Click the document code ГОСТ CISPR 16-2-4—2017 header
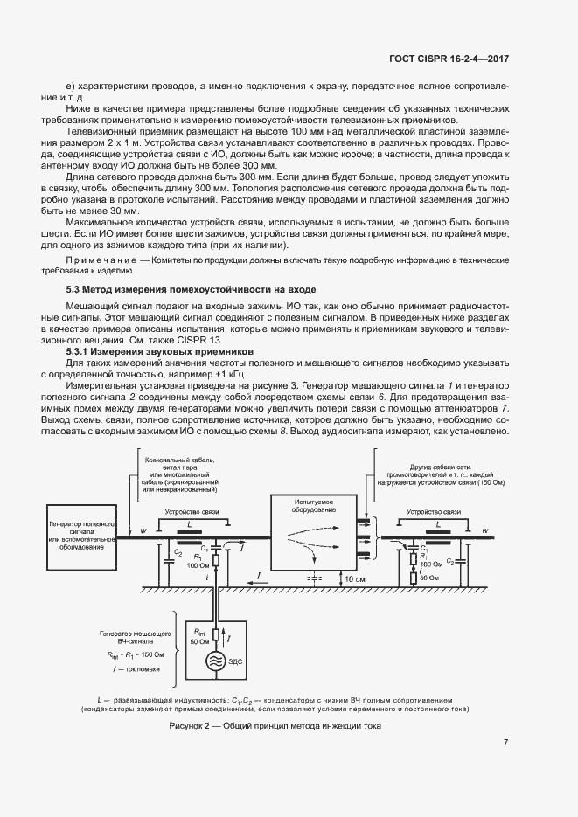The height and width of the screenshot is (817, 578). coord(449,59)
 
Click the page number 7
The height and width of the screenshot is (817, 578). coord(505,743)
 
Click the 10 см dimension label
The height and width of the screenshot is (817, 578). coord(354,578)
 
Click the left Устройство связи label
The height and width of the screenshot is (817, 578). coord(190,513)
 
